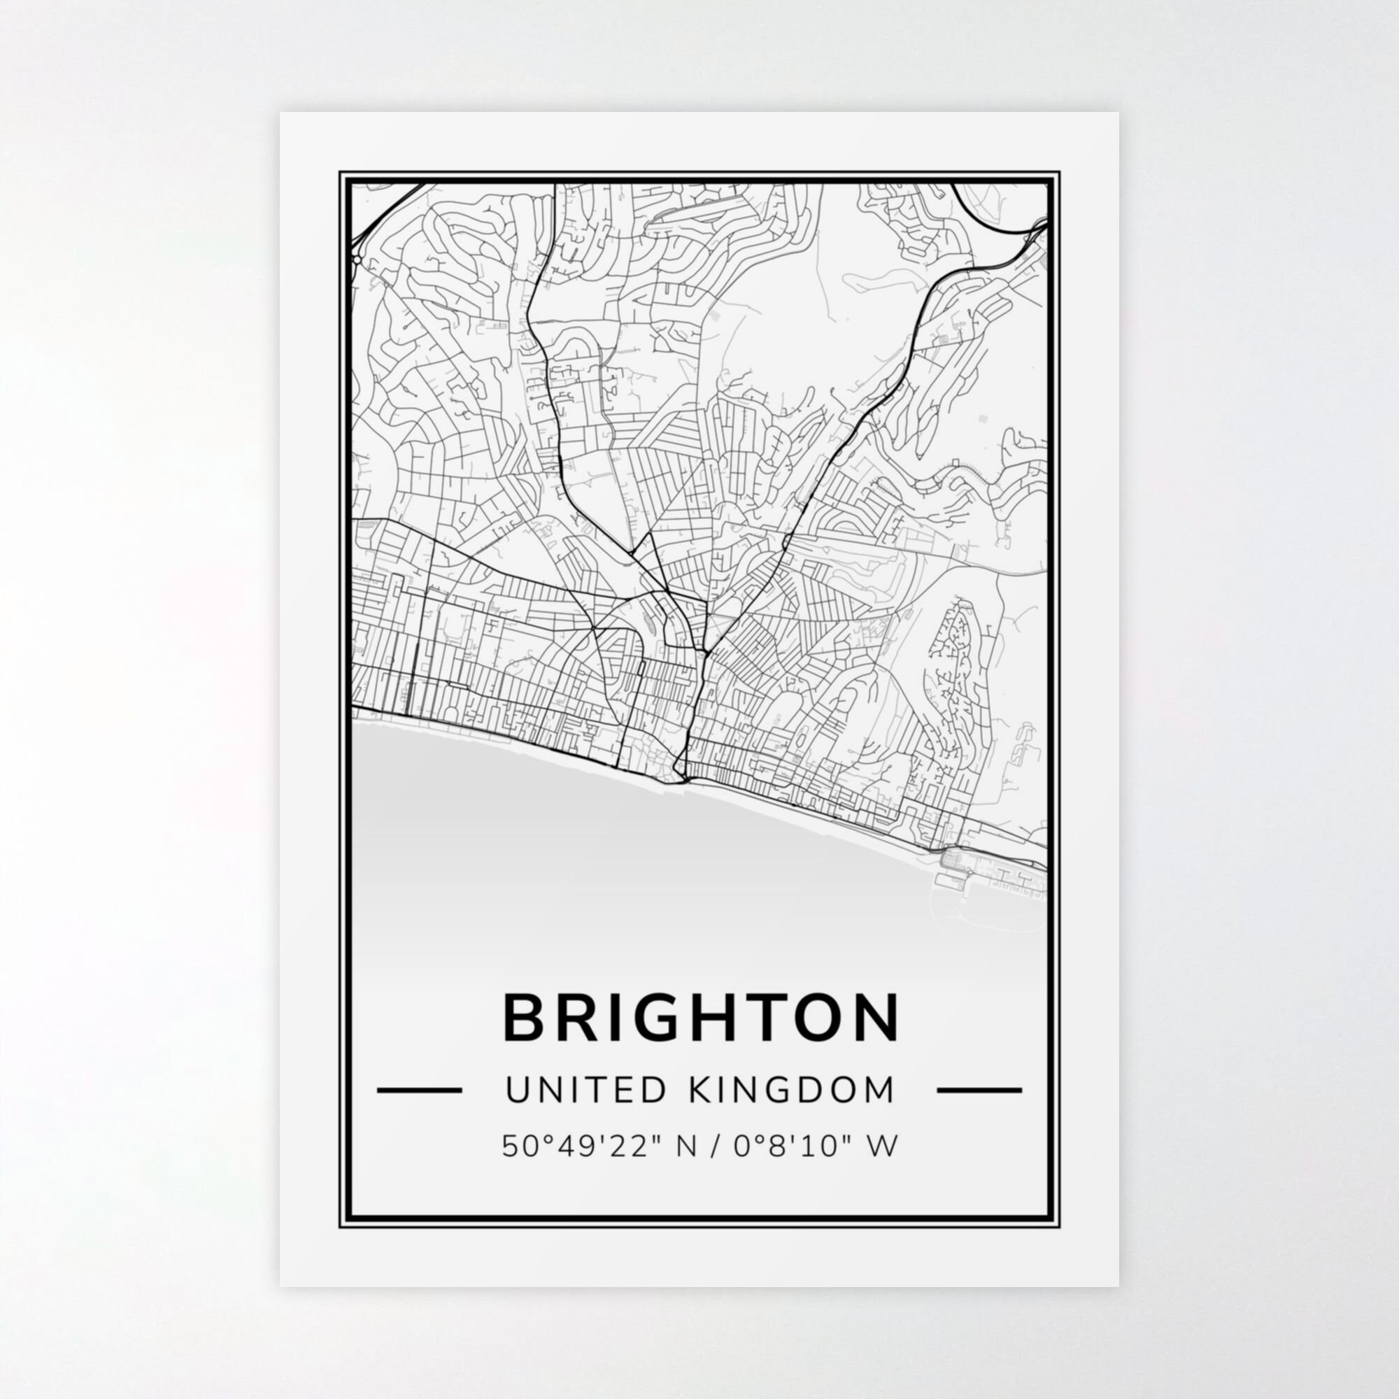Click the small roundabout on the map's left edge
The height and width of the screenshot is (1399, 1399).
[x=357, y=259]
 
